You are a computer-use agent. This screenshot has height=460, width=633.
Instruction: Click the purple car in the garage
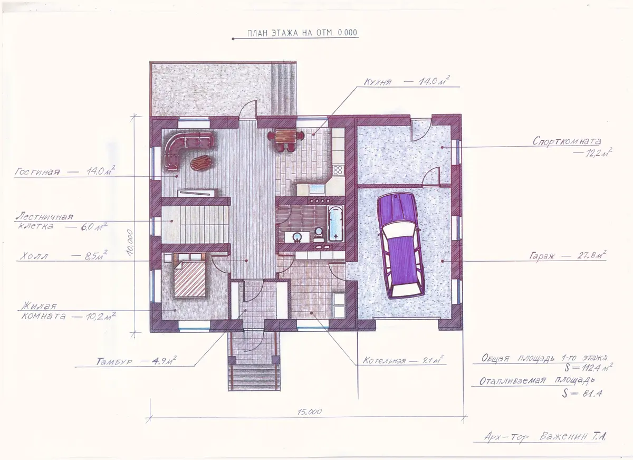click(401, 245)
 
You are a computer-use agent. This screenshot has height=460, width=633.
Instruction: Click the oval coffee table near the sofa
click(201, 164)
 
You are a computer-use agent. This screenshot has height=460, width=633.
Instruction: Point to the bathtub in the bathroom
click(335, 224)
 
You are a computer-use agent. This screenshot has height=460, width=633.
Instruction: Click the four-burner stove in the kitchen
click(338, 170)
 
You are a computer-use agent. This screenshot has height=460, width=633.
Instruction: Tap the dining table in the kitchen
click(286, 137)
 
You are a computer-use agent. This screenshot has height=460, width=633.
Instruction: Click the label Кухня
click(378, 82)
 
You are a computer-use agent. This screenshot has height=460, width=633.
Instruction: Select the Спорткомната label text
click(567, 141)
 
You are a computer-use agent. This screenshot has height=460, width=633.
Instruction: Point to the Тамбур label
click(114, 361)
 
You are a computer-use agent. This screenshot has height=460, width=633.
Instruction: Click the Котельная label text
click(384, 360)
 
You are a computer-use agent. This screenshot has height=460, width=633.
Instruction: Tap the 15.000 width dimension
click(310, 411)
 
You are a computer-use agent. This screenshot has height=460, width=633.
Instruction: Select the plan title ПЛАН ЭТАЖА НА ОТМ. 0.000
click(302, 33)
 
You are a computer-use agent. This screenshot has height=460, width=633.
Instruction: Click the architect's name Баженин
click(564, 436)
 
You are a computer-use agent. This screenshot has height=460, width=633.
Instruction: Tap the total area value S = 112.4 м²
click(589, 367)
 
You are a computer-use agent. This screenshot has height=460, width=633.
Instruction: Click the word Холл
click(34, 256)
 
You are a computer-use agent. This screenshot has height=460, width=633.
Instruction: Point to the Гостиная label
click(37, 171)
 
